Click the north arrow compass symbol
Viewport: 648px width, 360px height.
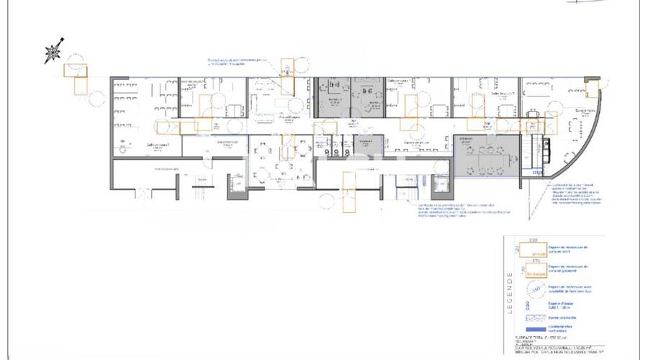[53, 53]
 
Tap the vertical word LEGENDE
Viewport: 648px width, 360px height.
[510, 292]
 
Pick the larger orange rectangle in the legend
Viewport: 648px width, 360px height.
[534, 251]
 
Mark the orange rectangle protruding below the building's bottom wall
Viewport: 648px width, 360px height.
[349, 193]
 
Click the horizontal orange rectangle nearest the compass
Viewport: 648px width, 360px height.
[75, 70]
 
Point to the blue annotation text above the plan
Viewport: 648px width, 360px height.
[238, 62]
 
